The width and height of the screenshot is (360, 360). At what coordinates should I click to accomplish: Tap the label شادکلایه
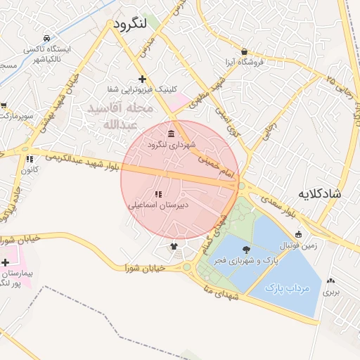point(318,193)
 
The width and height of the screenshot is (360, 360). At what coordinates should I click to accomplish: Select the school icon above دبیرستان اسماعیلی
point(157,194)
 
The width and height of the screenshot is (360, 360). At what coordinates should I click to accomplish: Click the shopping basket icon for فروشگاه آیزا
point(243,51)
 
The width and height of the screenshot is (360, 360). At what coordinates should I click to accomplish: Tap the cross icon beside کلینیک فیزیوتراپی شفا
point(143,79)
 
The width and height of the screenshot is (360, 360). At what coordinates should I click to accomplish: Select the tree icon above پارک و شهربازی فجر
point(245,250)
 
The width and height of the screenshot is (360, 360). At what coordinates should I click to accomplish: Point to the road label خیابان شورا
point(145,268)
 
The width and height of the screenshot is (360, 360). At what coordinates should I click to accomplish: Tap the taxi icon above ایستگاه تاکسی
point(47,38)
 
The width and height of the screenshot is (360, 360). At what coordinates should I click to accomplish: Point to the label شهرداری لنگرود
point(171,145)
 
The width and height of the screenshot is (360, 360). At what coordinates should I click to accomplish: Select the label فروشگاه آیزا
point(243,62)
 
